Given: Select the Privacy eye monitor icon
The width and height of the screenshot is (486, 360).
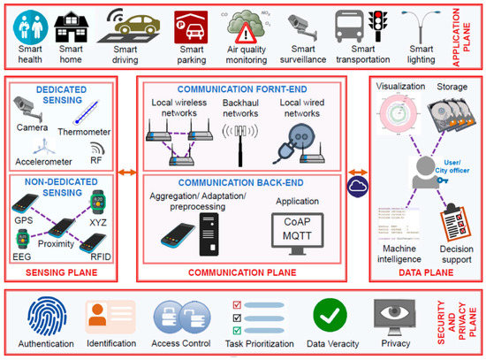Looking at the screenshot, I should [x=394, y=314].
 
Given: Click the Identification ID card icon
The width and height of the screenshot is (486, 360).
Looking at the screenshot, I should [x=110, y=314].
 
